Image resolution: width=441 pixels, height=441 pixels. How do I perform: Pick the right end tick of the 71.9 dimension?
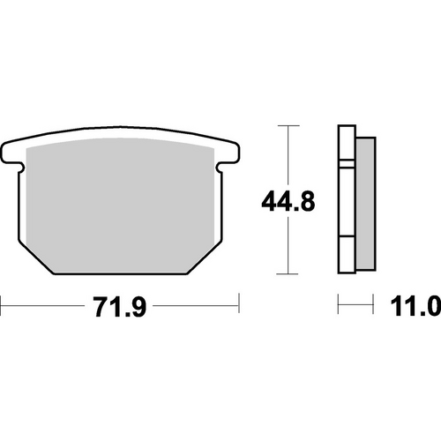pyautogui.click(x=238, y=308)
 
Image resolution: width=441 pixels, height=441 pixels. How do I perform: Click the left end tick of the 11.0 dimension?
pyautogui.click(x=339, y=308)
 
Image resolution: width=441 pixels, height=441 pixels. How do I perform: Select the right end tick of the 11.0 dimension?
pyautogui.click(x=371, y=308)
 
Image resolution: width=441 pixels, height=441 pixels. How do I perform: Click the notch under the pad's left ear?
pyautogui.click(x=19, y=168)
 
